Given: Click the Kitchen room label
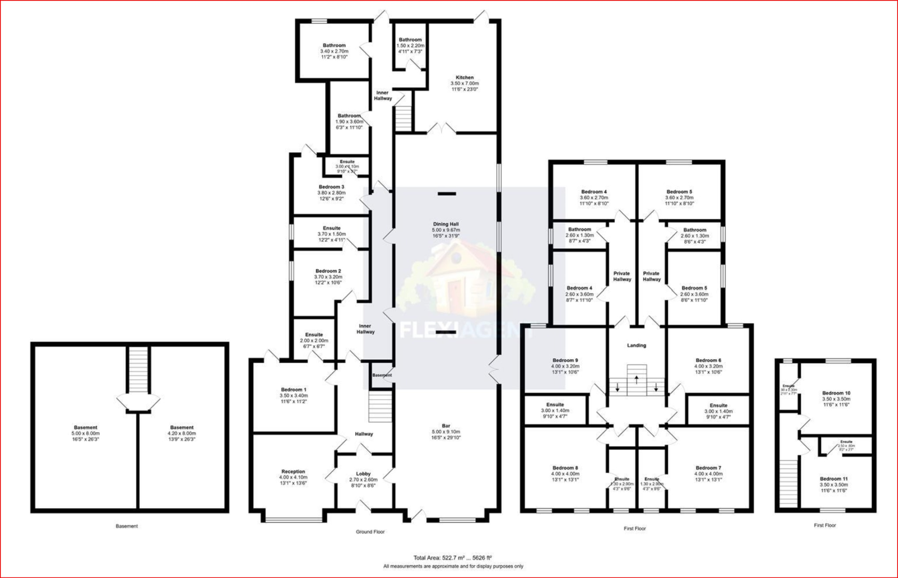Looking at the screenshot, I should point(464,78).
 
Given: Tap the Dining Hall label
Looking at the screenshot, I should point(445,224).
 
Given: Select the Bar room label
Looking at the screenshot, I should point(446,426).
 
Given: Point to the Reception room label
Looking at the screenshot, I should point(293,471).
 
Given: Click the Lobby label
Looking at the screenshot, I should point(363,474).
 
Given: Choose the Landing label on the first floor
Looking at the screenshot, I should point(636,346).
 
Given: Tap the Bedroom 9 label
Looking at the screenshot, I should point(565,360).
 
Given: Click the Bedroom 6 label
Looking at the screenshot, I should point(708,360).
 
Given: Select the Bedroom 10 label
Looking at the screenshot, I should point(836,393).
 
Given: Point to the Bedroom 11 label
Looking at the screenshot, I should point(834,479).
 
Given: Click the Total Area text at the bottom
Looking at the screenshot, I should point(453,558).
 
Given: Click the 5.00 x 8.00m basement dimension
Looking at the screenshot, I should point(86,433).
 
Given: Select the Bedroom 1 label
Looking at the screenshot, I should point(293,389).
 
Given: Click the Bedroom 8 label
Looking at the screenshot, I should point(565,468).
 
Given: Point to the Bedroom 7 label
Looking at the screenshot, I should point(708,468).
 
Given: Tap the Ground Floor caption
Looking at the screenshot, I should point(370,532).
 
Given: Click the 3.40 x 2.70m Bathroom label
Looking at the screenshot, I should point(334,51).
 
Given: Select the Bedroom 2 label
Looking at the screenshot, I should point(328,271).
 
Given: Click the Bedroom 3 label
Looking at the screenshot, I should point(331,187).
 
